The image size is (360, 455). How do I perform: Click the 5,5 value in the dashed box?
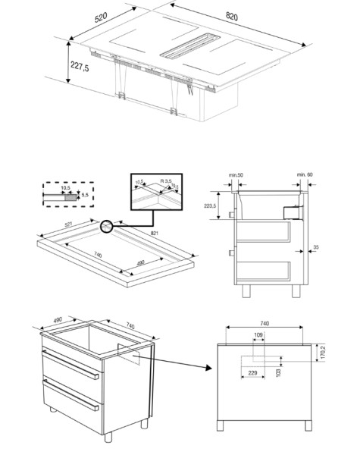(86, 196)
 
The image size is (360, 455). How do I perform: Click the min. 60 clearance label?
(304, 175)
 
